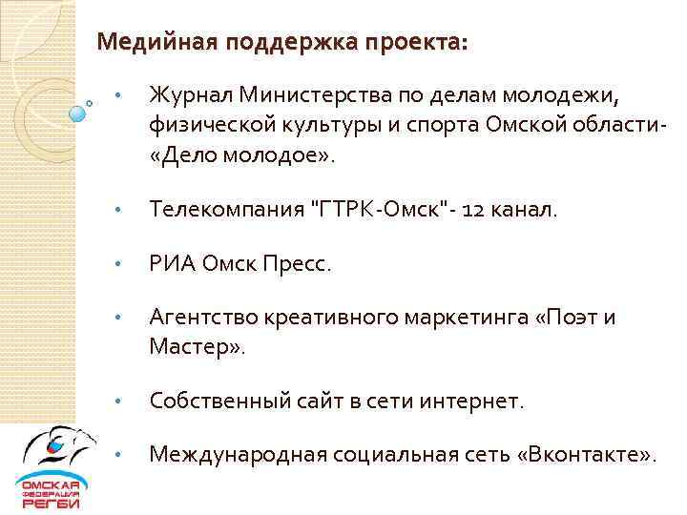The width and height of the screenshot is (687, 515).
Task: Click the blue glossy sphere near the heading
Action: coord(77,113)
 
